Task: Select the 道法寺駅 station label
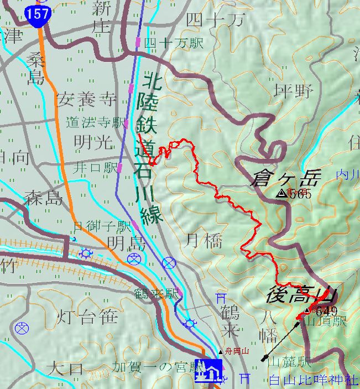coord(96,122)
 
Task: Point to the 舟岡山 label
coord(236,351)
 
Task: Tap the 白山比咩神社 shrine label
coord(313,380)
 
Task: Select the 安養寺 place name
coord(87,100)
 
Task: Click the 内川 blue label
coord(348,175)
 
